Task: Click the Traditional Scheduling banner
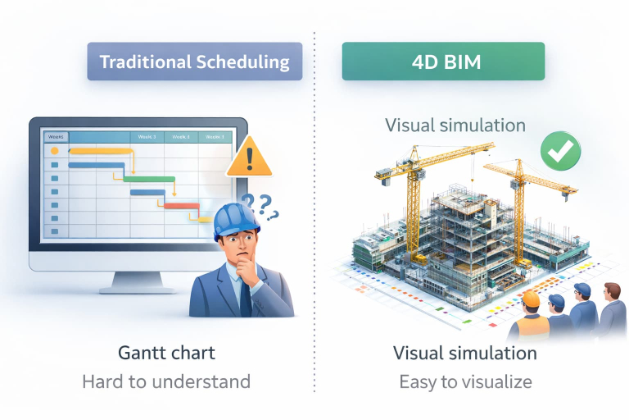(x=194, y=62)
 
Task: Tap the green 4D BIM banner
(x=443, y=62)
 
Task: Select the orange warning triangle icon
(x=248, y=157)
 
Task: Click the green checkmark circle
(x=560, y=149)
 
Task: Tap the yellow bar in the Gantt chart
(x=101, y=151)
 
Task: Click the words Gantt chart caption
(x=166, y=354)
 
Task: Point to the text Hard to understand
(x=166, y=381)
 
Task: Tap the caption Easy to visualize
(x=465, y=381)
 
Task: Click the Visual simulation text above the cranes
(x=455, y=126)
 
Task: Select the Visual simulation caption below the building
(x=465, y=354)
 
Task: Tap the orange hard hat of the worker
(x=531, y=300)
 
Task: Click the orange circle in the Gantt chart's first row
(x=55, y=151)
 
